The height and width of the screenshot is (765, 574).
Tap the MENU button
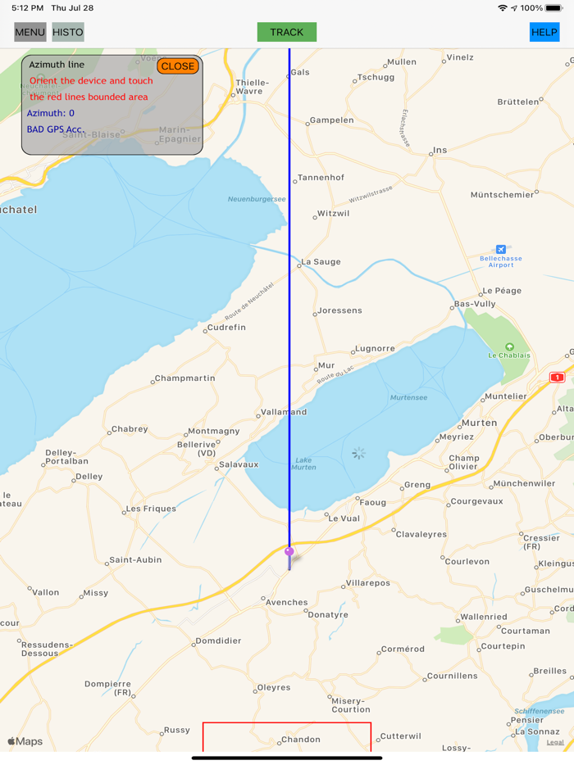click(30, 33)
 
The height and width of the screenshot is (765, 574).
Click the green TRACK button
click(286, 33)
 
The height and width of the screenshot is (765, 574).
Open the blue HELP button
click(544, 33)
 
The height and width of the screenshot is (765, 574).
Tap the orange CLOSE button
click(178, 66)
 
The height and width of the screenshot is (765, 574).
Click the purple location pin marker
click(289, 552)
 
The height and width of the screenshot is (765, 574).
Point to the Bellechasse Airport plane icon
click(500, 249)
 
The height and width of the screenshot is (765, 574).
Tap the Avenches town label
click(287, 602)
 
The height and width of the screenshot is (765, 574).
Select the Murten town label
click(480, 423)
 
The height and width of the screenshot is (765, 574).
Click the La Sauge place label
click(321, 262)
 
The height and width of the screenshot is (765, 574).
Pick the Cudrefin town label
click(226, 328)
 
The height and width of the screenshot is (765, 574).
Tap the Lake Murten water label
click(303, 464)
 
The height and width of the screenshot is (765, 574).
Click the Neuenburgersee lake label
click(257, 199)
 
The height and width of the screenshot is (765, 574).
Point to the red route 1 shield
click(558, 378)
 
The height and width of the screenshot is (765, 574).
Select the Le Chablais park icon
click(509, 346)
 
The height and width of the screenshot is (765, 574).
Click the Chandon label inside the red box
click(301, 740)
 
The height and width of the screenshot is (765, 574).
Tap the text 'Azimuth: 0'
click(50, 113)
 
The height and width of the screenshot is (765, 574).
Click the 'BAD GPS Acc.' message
click(55, 129)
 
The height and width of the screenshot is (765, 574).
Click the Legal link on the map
click(555, 742)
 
